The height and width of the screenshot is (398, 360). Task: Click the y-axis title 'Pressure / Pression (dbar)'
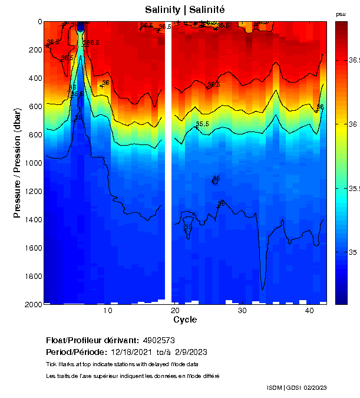click(17, 163)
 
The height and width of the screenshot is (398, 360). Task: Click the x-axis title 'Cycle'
click(185, 320)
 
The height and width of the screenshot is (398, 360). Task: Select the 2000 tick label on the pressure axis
click(32, 304)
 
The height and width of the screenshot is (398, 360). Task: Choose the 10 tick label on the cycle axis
click(108, 310)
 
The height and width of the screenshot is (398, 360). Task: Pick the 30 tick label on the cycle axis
click(242, 310)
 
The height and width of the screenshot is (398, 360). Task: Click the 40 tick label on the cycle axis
click(309, 310)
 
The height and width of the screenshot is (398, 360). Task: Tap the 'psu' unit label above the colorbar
click(341, 14)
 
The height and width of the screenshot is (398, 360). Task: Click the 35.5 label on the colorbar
click(354, 189)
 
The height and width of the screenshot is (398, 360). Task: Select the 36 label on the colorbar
click(352, 124)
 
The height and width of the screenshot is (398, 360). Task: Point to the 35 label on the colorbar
click(352, 252)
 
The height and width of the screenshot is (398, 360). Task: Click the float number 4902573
click(158, 340)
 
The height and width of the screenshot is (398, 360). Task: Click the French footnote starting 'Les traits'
click(133, 376)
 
